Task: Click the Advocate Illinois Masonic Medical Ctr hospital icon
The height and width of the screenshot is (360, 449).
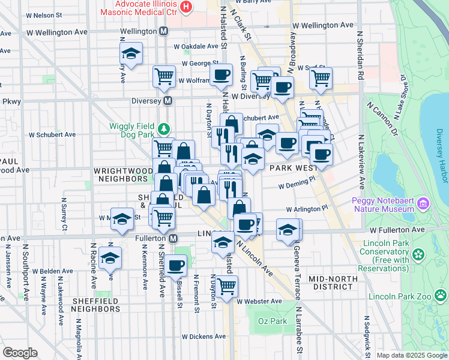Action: pos(186,7)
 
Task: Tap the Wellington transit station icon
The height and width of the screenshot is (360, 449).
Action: pos(163,31)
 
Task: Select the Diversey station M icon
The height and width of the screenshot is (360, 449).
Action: pos(168,101)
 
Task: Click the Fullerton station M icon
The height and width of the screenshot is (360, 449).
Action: pos(173,238)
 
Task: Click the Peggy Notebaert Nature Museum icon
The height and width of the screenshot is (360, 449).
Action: pos(425,203)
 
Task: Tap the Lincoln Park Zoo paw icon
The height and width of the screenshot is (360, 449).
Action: pos(441,295)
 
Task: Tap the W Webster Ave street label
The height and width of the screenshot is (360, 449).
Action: pos(259,301)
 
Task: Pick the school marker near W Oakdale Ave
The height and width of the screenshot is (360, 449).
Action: pos(131,54)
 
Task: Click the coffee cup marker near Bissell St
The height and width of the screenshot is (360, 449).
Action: pos(176,265)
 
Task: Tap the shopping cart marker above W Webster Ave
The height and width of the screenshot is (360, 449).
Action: pos(226,287)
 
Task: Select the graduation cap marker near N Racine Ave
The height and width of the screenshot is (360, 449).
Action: pos(110,259)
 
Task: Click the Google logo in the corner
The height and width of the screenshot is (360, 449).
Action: pos(20,353)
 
